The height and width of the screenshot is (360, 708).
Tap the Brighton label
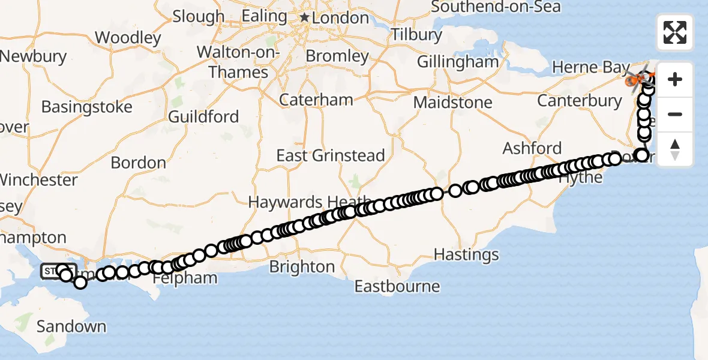(302, 266)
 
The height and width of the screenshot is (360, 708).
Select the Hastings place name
(466, 255)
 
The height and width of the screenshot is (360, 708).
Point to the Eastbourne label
(397, 286)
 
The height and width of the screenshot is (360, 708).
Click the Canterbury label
(580, 100)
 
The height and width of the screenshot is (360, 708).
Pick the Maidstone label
(453, 103)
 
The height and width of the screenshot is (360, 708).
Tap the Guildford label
(203, 116)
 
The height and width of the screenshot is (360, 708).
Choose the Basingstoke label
(86, 107)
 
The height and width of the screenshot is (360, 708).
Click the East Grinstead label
(330, 156)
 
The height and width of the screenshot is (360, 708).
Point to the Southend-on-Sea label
(496, 7)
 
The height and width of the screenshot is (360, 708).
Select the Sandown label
(71, 327)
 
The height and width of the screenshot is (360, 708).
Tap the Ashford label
(532, 148)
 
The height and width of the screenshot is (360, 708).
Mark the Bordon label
(139, 163)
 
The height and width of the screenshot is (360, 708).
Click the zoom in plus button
(675, 79)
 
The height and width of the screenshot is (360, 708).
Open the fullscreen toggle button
(675, 32)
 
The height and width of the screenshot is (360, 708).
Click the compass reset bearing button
(675, 149)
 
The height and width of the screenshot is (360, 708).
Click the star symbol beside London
(304, 19)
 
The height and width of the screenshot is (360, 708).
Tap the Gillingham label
(457, 62)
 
